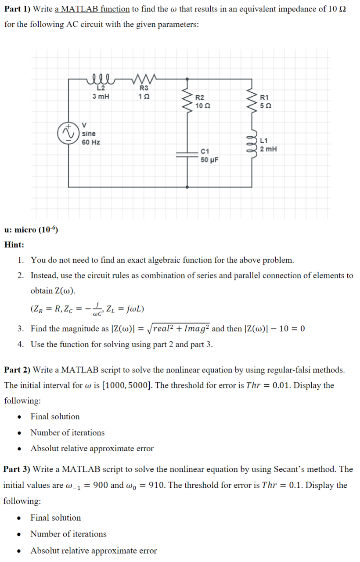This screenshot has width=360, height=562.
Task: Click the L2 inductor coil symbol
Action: pos(101,80)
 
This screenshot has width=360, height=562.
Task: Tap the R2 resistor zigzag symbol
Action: pos(188,102)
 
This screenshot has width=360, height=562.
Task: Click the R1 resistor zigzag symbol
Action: pos(252,102)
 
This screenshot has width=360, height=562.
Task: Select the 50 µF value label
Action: pos(209,160)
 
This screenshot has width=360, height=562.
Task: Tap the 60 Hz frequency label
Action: pos(91,142)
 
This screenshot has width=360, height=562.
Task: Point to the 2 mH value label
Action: pos(268,149)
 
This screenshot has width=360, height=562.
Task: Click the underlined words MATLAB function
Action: pos(92,9)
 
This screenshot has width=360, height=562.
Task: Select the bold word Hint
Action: pos(14,245)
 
